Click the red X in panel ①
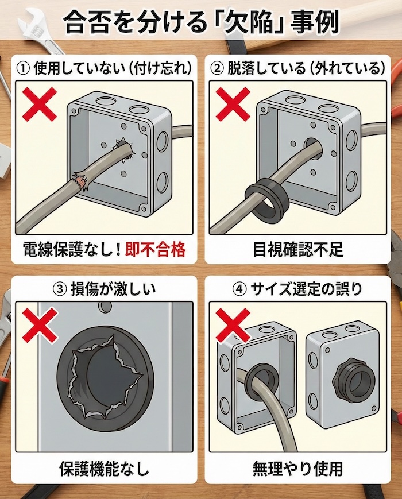point(40,105)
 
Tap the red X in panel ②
point(233,105)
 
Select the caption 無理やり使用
point(297,469)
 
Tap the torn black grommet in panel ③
point(104,373)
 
